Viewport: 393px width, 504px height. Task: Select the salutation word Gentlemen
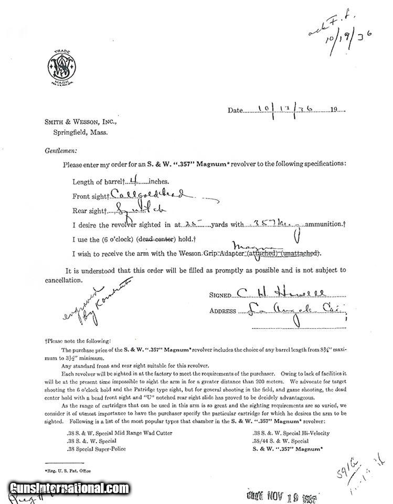click(61, 150)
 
